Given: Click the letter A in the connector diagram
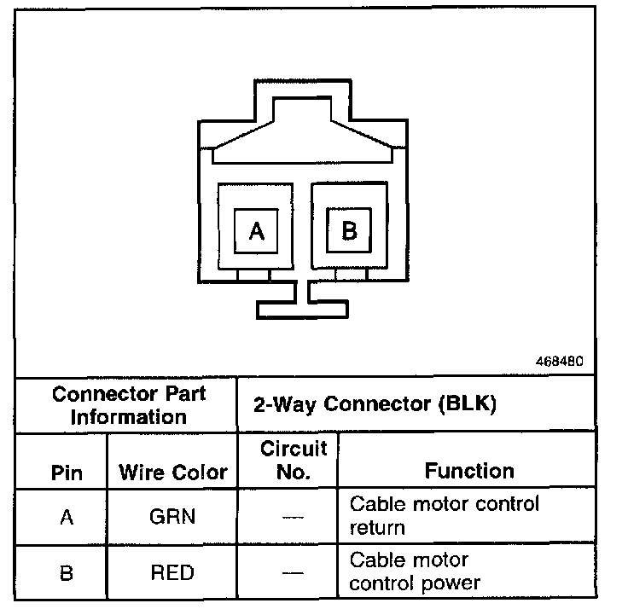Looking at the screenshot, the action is (257, 231).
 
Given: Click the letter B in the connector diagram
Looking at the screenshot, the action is (349, 230).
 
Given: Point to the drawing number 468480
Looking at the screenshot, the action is (559, 361).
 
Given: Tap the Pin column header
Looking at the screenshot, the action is (67, 472).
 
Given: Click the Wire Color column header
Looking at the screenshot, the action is (173, 472).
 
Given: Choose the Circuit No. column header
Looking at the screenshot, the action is (294, 460).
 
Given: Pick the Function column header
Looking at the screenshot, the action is (469, 471).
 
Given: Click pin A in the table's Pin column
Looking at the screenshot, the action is (67, 516).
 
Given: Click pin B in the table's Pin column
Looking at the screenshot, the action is (67, 572).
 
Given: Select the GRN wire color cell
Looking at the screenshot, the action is (172, 516).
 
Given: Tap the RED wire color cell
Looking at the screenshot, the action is (172, 572).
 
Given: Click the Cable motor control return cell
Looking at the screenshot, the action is (444, 515).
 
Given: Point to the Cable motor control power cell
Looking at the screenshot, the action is (415, 571).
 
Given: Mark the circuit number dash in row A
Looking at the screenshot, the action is (293, 517).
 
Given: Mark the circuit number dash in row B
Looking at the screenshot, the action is (293, 573).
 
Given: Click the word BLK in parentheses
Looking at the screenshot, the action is (466, 405).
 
